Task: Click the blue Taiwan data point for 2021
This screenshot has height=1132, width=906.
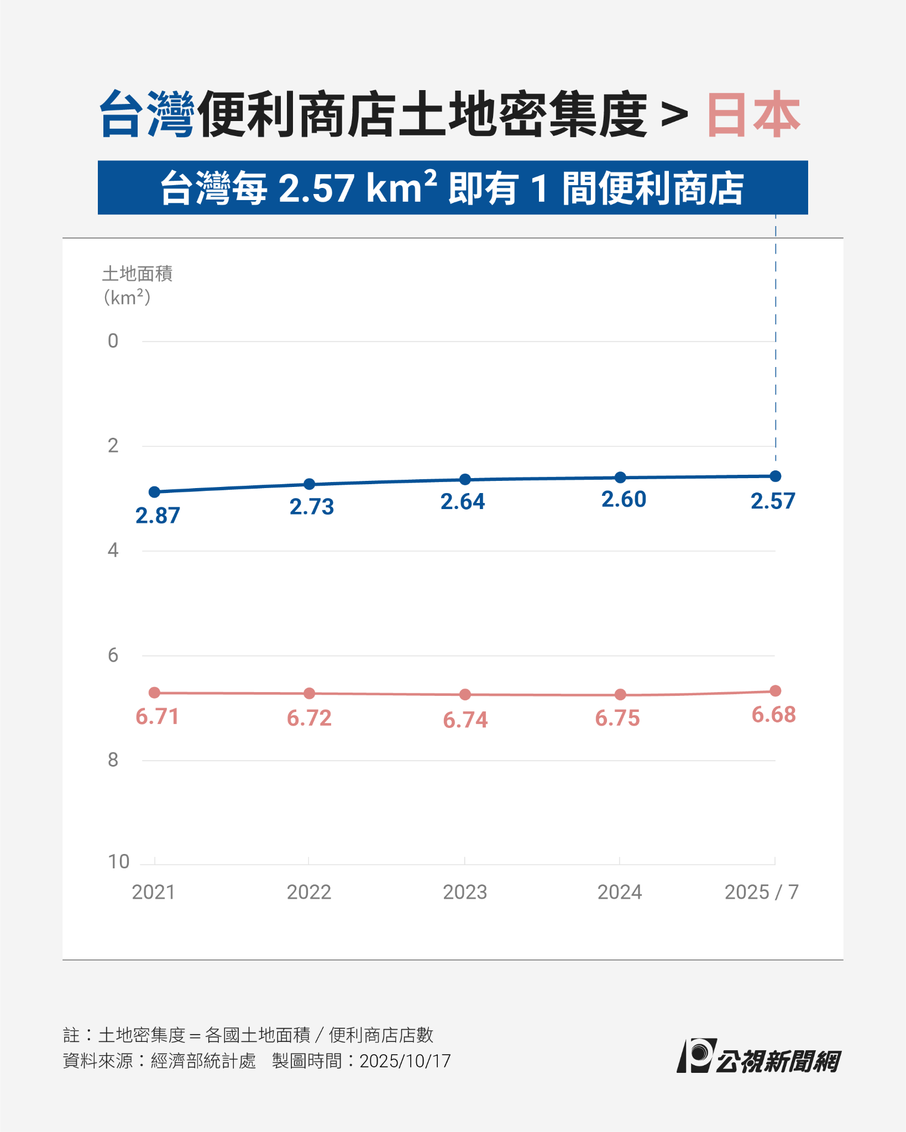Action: pos(155,492)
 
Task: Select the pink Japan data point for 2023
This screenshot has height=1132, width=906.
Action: pos(465,694)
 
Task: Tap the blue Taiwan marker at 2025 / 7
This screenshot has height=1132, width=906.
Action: pos(776,476)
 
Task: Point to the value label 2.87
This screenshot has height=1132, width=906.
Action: pos(158,516)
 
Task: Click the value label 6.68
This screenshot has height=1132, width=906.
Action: pos(773,715)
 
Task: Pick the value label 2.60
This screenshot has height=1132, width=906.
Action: pos(624,500)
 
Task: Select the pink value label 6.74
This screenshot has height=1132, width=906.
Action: pos(465,720)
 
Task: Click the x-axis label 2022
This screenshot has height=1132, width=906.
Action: pos(308,892)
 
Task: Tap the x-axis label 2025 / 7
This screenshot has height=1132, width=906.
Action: pos(761,892)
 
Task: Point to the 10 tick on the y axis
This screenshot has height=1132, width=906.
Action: pos(118,862)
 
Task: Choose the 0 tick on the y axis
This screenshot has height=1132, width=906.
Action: pos(113,341)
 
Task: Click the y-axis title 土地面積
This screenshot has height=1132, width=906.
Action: pos(137,274)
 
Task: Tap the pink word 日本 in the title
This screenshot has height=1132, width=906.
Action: pos(753,114)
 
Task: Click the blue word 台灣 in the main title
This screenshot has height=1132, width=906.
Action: pos(147,114)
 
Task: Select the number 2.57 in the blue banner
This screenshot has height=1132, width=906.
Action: pos(316,188)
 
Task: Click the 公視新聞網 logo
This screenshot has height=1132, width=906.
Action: pos(759,1057)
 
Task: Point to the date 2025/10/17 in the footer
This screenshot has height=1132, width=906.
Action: pos(405,1061)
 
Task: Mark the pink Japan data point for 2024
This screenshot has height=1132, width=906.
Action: pos(620,694)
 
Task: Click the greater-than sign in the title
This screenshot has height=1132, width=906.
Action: pos(674,116)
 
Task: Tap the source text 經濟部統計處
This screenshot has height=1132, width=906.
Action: pos(203,1061)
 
